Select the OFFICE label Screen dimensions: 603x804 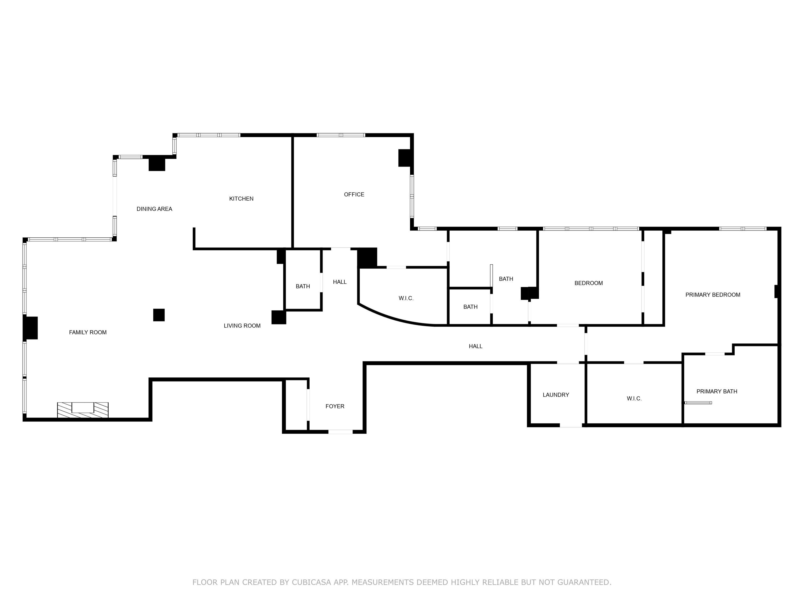(x=354, y=194)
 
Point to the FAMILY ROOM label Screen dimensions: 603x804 (x=88, y=332)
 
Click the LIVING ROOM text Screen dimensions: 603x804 (x=242, y=326)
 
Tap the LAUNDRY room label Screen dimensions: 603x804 (x=556, y=395)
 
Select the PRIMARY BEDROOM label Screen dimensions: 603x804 (x=713, y=295)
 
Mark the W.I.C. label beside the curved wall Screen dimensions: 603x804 (x=406, y=298)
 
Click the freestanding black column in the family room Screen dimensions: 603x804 (x=159, y=315)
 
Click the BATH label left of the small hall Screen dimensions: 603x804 (x=303, y=286)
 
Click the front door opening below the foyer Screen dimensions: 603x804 (x=340, y=432)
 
